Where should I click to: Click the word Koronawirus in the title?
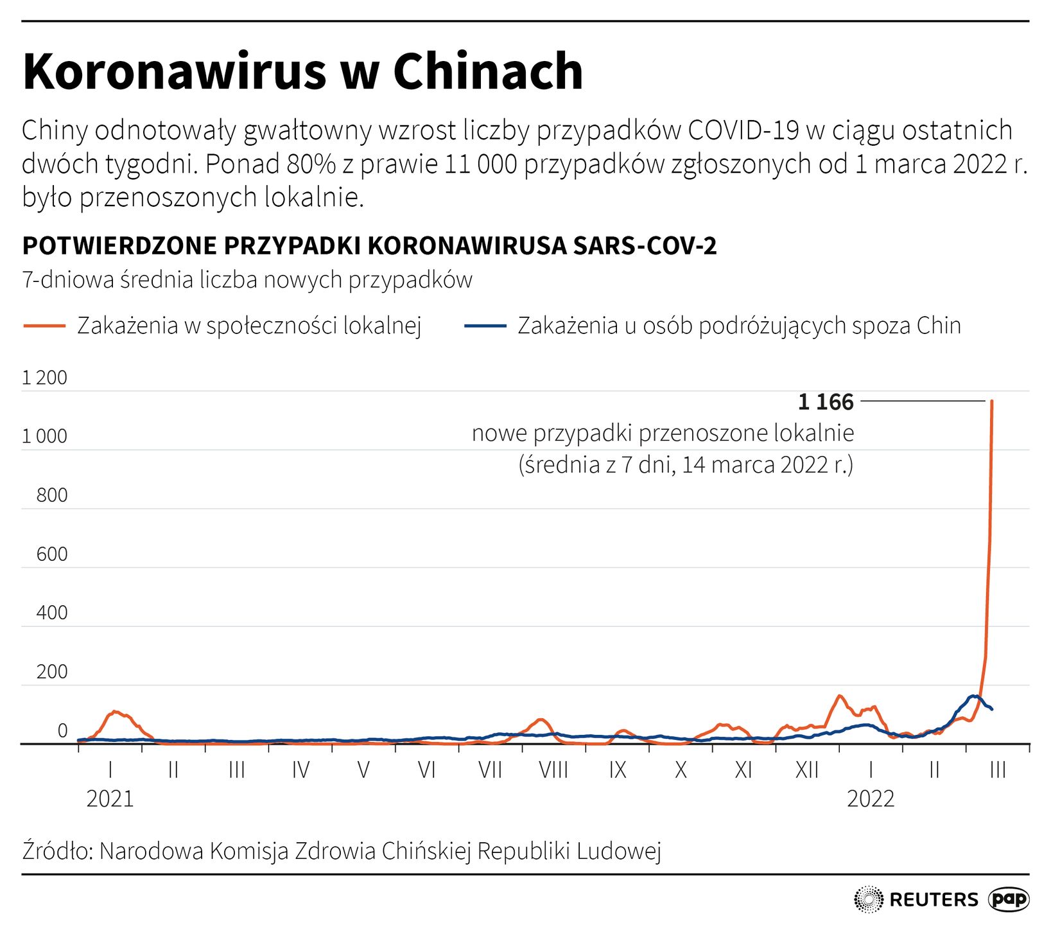click(174, 71)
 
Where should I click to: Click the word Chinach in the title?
click(487, 71)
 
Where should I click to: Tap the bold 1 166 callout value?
click(826, 402)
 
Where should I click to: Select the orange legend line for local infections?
click(44, 326)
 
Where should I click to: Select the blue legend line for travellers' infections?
click(485, 326)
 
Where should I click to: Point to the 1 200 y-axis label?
click(44, 378)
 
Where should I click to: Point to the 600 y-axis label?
click(52, 554)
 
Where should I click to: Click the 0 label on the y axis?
click(62, 731)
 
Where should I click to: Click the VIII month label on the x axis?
click(553, 770)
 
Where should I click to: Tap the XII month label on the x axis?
click(807, 770)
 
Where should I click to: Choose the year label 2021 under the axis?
click(110, 799)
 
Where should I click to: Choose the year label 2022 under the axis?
click(871, 799)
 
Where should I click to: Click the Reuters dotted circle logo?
click(869, 899)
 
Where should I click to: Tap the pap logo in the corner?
click(1009, 899)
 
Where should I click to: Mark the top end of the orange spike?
click(992, 401)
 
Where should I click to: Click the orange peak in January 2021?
click(114, 712)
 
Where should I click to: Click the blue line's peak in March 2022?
click(975, 696)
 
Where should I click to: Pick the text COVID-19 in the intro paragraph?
click(743, 130)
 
